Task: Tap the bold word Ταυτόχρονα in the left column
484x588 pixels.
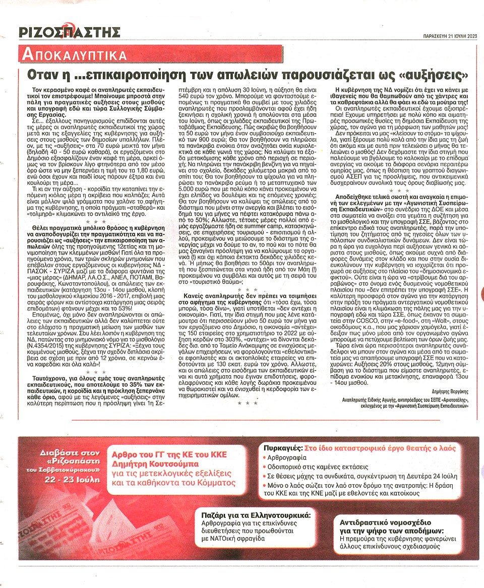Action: tap(48, 377)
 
